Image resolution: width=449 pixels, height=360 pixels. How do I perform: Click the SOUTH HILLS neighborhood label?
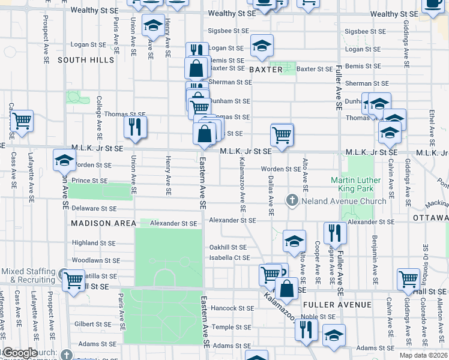(x=85, y=60)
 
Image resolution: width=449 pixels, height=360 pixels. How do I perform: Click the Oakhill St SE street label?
(x=228, y=247)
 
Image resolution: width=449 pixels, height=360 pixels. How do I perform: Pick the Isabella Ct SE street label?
(x=229, y=258)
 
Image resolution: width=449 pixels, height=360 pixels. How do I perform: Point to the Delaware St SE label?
(x=94, y=209)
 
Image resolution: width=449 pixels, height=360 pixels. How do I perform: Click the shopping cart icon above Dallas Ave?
(x=282, y=134)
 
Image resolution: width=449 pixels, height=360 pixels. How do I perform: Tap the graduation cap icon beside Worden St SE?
(x=65, y=160)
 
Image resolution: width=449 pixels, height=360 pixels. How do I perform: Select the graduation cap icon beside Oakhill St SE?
(x=294, y=241)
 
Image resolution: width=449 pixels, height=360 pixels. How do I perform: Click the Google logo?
(x=19, y=353)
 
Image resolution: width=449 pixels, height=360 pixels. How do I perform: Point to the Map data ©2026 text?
(x=423, y=355)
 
